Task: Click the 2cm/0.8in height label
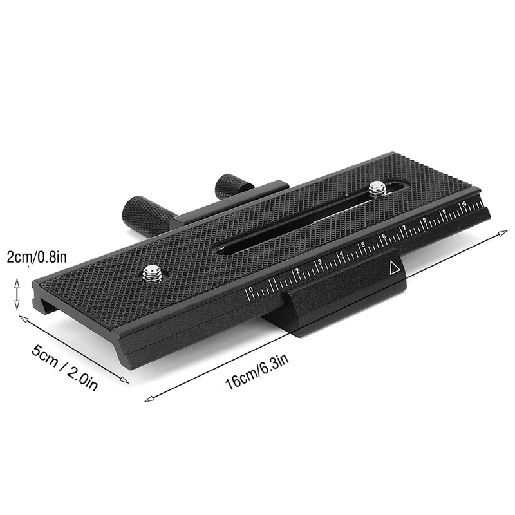tap(36, 258)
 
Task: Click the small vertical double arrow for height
tap(18, 294)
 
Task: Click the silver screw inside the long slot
tap(378, 189)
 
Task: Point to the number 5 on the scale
tap(364, 245)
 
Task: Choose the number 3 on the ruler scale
tap(320, 262)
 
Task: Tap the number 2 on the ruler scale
tap(297, 270)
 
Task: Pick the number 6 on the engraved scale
tap(384, 237)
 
